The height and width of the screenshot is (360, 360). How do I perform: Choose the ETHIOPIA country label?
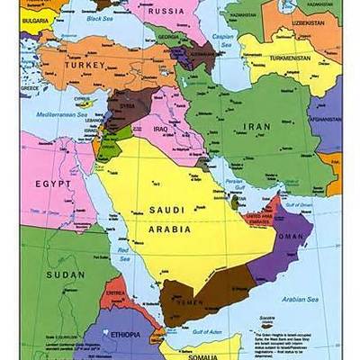point(123,334)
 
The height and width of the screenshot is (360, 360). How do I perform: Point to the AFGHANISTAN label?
point(325,118)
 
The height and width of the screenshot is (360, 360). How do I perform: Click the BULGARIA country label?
point(34,18)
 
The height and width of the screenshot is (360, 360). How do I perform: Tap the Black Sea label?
point(100,18)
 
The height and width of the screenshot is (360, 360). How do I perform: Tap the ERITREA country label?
point(115,292)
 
